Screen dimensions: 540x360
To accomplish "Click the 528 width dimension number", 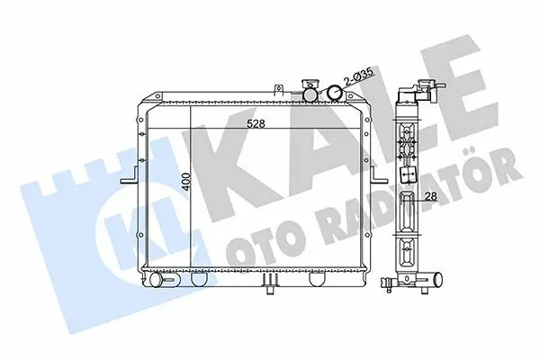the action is [256, 123].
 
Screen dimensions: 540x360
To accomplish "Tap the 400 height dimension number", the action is [186, 182].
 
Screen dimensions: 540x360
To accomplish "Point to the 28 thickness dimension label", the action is [431, 196].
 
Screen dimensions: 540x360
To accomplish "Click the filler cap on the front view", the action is [310, 91].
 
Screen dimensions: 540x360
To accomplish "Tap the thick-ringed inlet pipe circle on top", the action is [335, 93].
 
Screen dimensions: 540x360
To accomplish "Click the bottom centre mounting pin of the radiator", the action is [270, 283].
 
